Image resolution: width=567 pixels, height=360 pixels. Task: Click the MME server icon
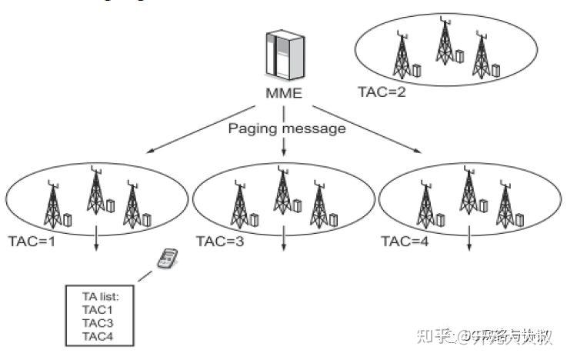tap(281, 56)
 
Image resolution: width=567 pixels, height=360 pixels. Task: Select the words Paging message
tap(286, 128)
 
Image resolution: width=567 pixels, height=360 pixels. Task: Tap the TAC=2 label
tap(382, 92)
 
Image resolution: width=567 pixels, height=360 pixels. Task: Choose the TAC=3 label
tap(220, 240)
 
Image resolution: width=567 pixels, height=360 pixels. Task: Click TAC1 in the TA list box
tap(97, 309)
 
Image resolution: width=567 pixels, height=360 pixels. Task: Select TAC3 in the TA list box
tap(97, 323)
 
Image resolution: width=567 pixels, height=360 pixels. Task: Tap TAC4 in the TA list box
tap(97, 336)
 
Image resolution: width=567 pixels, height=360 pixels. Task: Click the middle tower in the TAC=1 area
tap(95, 193)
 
